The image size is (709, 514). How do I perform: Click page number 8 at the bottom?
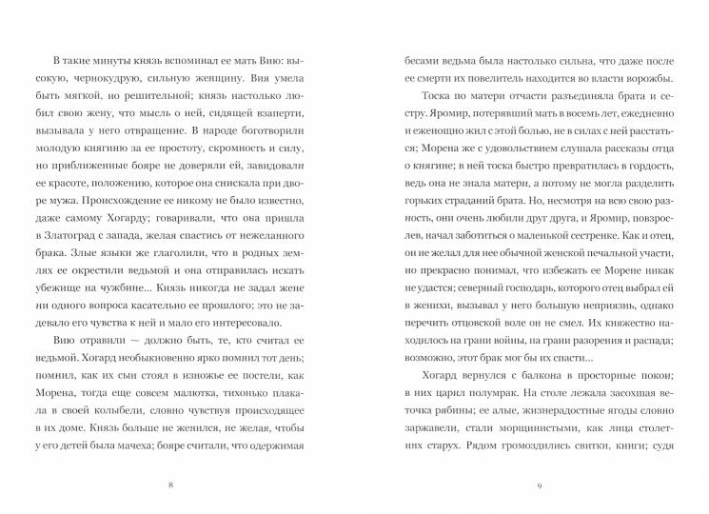point(169,486)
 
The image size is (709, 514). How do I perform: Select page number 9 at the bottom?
point(540,486)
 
